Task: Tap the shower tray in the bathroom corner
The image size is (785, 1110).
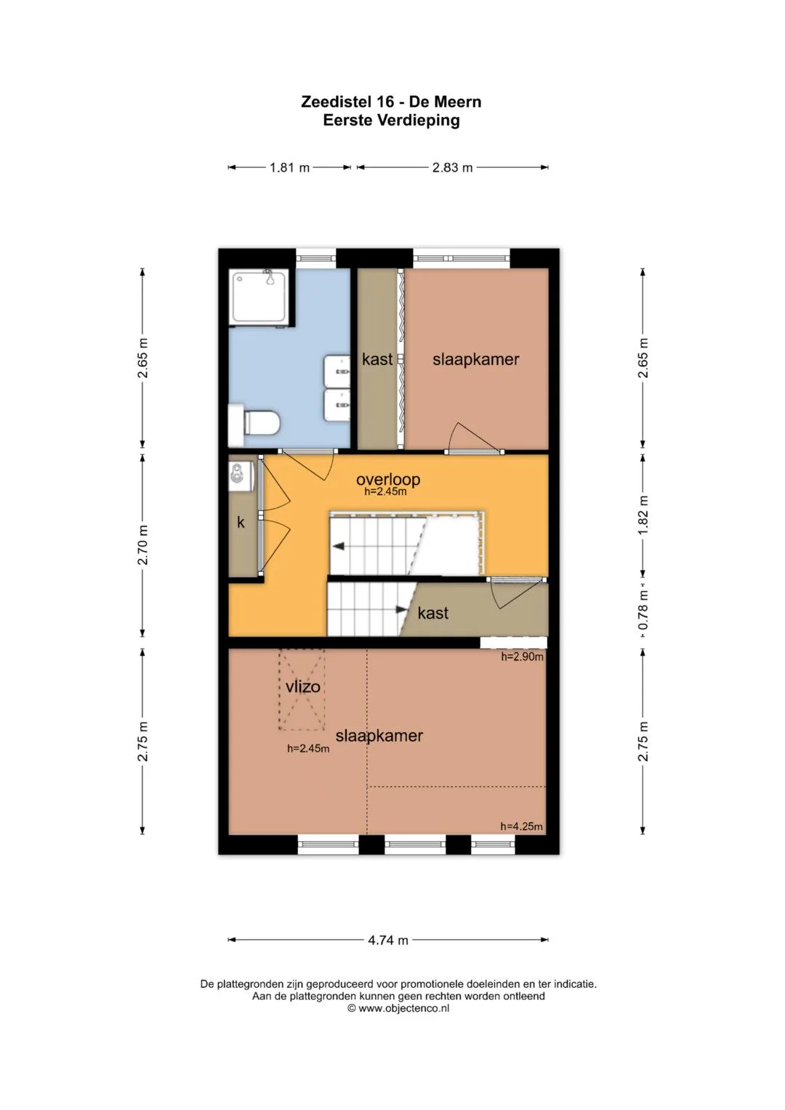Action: [259, 297]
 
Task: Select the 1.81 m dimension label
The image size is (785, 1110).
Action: [289, 167]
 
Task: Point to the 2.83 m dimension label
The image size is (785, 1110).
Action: [452, 167]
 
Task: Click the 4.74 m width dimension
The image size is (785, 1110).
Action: [388, 940]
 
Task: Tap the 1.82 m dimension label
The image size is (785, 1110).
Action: [643, 515]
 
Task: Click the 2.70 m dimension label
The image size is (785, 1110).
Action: [142, 545]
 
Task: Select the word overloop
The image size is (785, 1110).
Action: [388, 479]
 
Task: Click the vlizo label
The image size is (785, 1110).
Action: [303, 687]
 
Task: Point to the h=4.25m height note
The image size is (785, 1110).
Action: [521, 827]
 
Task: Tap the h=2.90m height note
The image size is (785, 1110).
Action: [522, 657]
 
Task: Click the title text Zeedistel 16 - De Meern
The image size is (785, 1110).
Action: [392, 102]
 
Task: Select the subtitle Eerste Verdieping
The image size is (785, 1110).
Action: [392, 121]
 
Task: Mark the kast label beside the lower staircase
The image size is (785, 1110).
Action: [433, 613]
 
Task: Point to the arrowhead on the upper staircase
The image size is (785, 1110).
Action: [339, 547]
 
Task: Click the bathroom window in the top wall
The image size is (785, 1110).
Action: [316, 258]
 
